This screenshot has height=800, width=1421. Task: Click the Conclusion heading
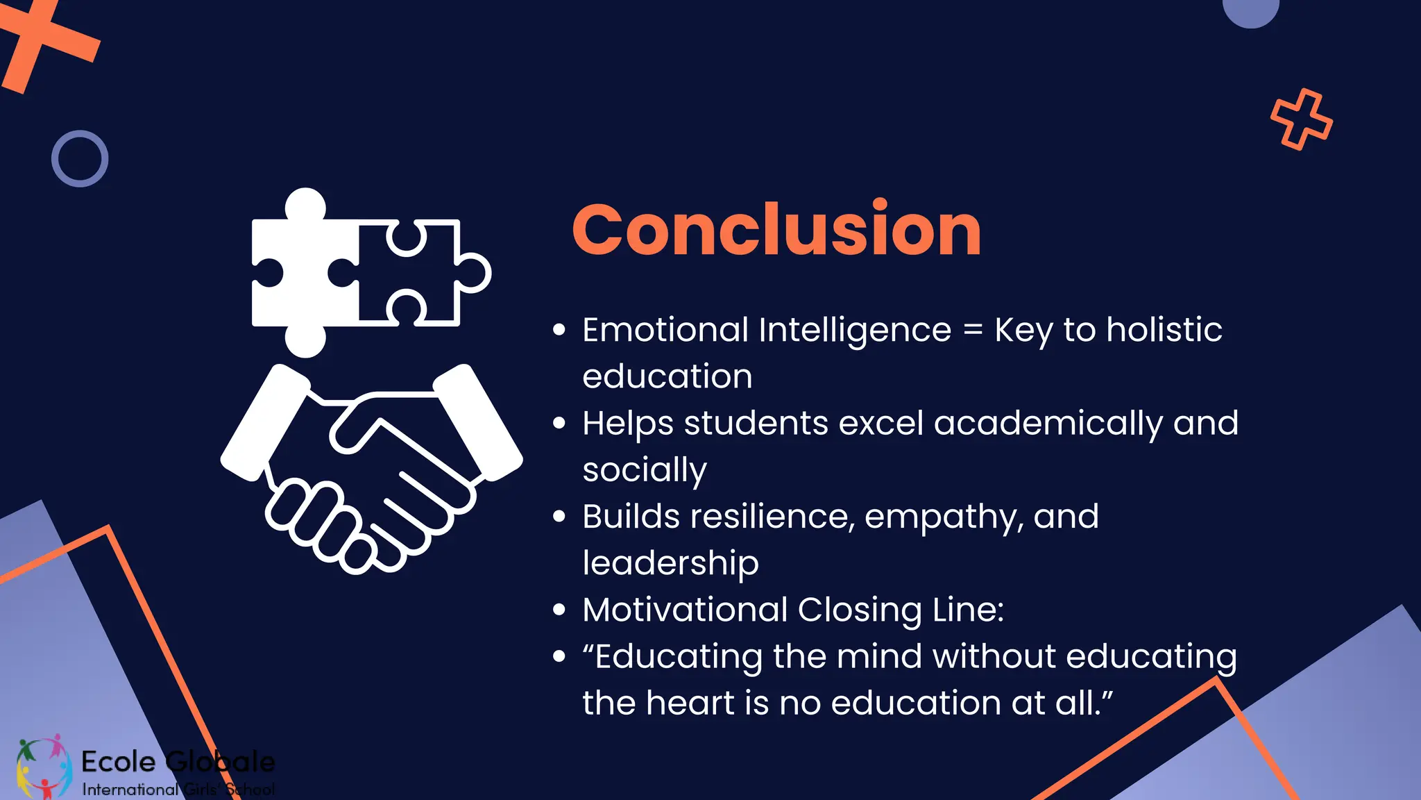[x=776, y=230]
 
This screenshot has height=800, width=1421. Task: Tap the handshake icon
[x=371, y=465]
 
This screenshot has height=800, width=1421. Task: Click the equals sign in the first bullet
[x=973, y=330]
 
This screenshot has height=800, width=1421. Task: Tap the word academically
[x=1048, y=423]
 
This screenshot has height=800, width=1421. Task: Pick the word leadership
[x=670, y=563]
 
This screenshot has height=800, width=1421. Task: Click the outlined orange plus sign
[x=1301, y=119]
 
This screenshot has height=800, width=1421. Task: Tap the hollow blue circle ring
[x=80, y=158]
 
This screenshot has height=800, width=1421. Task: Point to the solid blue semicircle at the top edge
[x=1250, y=11]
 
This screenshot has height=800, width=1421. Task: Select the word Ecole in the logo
[x=119, y=762]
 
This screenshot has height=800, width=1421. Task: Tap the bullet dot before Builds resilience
[x=559, y=517]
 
